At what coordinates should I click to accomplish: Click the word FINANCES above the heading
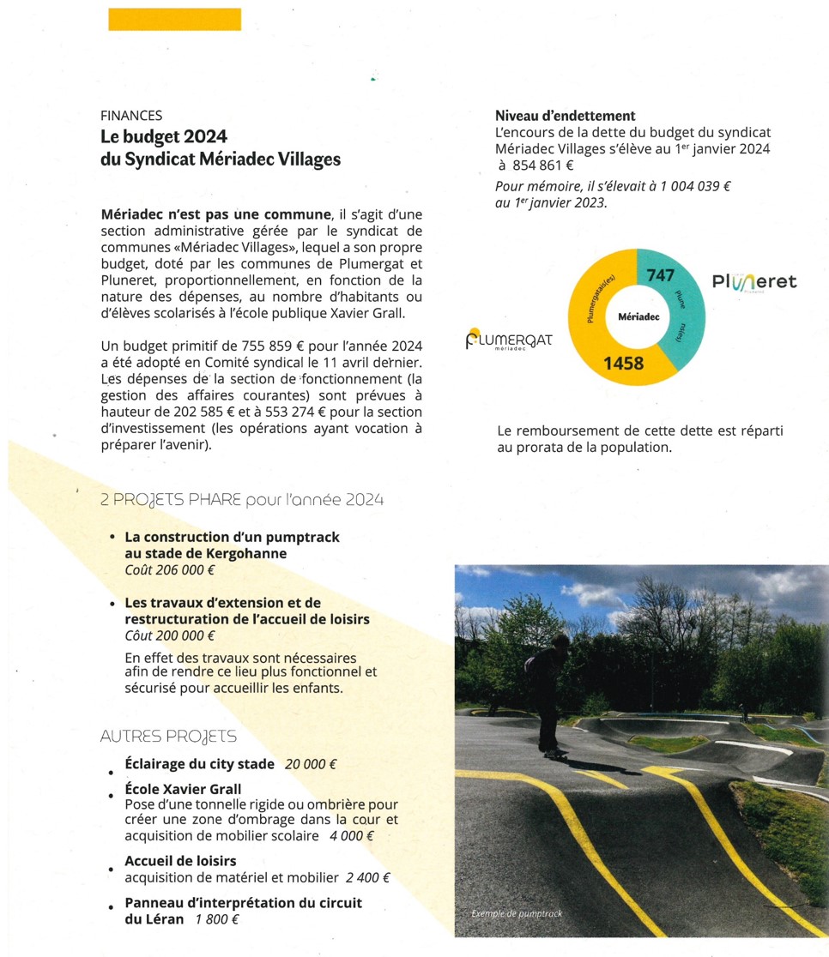point(131,115)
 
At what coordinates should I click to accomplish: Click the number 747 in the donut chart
point(661,275)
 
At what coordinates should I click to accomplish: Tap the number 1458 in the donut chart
point(623,363)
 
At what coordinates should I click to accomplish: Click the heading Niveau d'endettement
point(565,116)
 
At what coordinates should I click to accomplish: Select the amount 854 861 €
point(542,166)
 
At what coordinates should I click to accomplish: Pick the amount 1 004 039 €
point(685,185)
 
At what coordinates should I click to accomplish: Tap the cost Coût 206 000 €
point(170,569)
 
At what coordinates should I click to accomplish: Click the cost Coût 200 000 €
point(170,635)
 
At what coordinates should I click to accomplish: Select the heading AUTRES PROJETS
point(168,736)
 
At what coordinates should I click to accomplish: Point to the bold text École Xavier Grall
point(183,789)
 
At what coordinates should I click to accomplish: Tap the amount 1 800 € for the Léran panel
point(216,919)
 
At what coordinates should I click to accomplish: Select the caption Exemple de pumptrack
point(517,914)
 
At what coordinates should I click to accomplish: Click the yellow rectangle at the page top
point(174,19)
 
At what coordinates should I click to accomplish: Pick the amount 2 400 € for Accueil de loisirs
point(367,877)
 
